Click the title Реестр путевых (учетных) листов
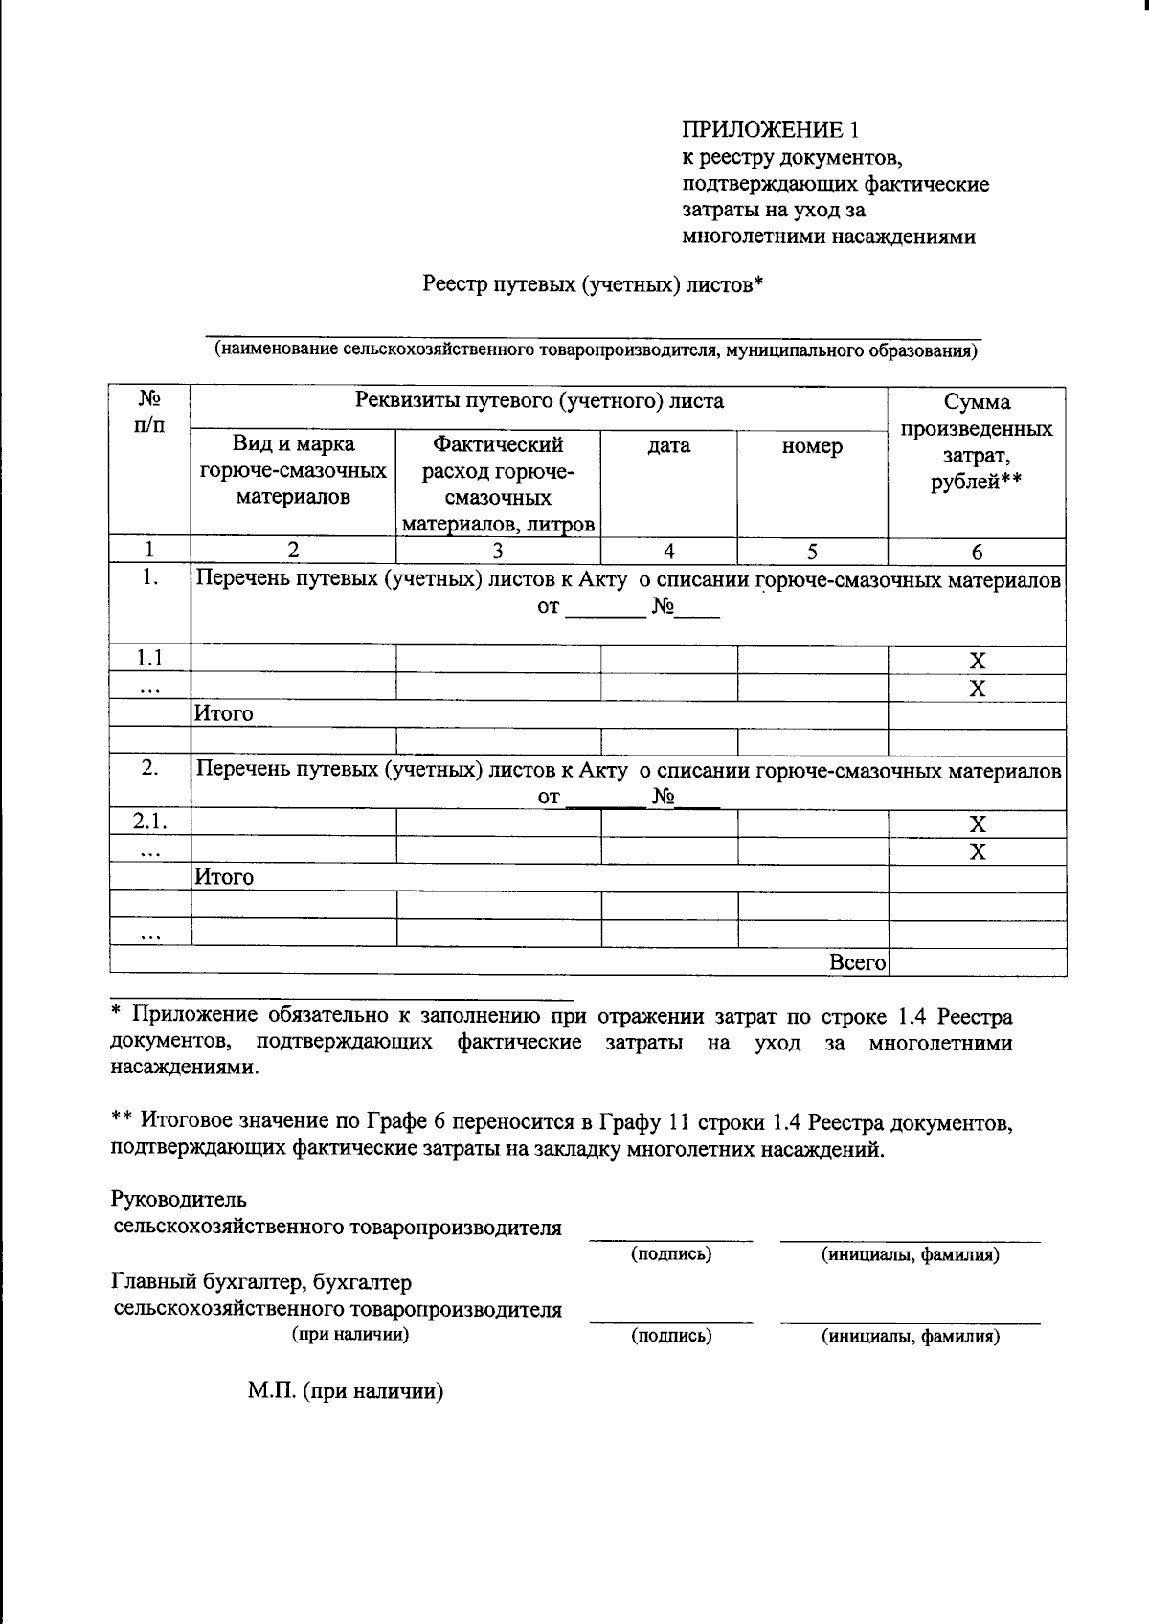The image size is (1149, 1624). (592, 284)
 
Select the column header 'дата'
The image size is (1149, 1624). (668, 446)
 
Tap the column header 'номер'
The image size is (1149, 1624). (812, 446)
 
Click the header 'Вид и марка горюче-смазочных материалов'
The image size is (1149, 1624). (293, 470)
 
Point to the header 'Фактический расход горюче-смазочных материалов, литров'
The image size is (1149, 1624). (498, 484)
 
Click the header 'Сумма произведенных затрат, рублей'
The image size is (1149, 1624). (977, 441)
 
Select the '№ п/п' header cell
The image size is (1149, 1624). (149, 411)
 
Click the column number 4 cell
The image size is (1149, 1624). (668, 551)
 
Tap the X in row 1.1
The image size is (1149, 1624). (977, 661)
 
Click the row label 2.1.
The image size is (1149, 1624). (149, 823)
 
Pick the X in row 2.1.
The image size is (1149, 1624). (977, 824)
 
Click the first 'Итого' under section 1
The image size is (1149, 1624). (224, 714)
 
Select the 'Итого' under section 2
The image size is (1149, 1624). (224, 877)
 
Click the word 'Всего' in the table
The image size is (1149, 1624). (857, 963)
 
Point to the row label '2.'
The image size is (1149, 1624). (149, 769)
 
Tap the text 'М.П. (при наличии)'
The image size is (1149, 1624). (346, 1392)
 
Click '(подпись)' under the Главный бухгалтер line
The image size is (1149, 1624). (671, 1336)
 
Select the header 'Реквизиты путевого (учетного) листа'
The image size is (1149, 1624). (539, 401)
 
